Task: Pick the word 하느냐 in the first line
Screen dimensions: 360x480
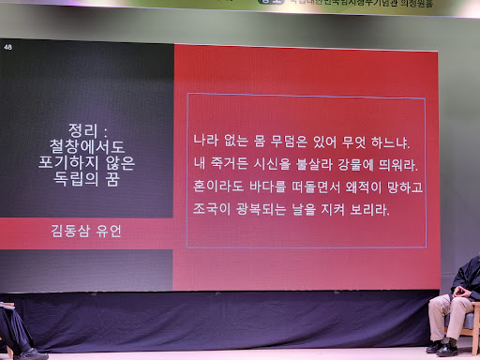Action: pos(389,142)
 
